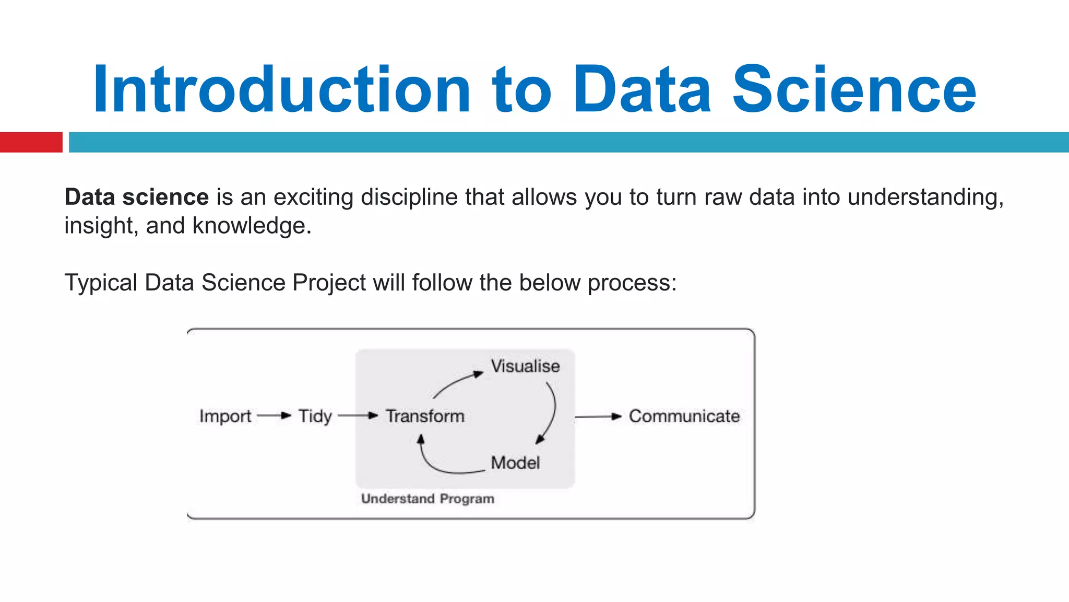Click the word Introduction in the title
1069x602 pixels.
[x=282, y=90]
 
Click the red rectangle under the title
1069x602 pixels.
[x=31, y=142]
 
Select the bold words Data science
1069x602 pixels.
[x=136, y=198]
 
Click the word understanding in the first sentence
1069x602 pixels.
[x=924, y=198]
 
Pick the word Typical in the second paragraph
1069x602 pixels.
[x=101, y=283]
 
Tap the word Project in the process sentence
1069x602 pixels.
[x=329, y=283]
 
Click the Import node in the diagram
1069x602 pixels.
[x=225, y=416]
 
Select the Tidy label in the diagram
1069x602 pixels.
[x=315, y=416]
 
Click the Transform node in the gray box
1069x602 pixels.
[x=425, y=416]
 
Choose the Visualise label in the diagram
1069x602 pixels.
[x=525, y=366]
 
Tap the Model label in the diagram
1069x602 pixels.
[x=515, y=463]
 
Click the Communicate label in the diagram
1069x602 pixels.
[x=684, y=416]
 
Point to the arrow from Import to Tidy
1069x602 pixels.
[x=274, y=416]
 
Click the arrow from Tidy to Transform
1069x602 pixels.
[x=358, y=416]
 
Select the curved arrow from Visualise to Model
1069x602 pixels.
[x=554, y=410]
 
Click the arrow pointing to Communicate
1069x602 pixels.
[x=598, y=416]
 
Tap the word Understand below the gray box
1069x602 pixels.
[x=397, y=499]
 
